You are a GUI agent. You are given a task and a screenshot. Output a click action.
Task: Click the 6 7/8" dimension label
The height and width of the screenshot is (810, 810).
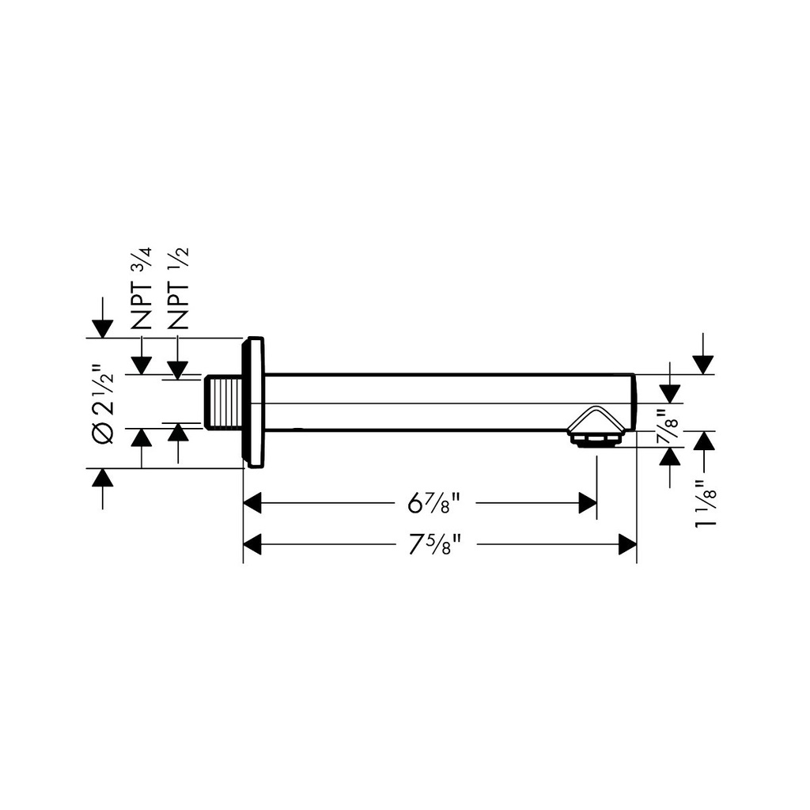[x=434, y=502]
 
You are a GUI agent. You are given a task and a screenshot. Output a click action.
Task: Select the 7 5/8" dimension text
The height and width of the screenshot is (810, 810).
[x=434, y=544]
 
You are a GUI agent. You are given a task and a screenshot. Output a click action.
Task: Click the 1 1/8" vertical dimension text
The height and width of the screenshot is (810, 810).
[x=706, y=504]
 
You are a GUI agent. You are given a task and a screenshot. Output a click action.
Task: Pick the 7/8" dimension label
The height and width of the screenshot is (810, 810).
[x=670, y=423]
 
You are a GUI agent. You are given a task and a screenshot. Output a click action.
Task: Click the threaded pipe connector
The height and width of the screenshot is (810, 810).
[x=223, y=403]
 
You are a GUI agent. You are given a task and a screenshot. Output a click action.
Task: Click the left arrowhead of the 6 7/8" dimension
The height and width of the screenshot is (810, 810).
[x=252, y=502]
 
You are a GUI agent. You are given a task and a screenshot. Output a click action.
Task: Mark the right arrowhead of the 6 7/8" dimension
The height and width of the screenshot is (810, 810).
[x=588, y=502]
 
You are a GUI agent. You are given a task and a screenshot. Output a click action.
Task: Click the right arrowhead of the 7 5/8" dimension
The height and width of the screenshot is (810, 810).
[x=627, y=544]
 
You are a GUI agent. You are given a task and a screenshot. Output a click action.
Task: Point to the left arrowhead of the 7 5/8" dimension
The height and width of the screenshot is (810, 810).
[x=252, y=544]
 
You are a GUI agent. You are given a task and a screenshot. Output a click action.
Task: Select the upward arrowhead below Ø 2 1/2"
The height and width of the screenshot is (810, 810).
[x=102, y=478]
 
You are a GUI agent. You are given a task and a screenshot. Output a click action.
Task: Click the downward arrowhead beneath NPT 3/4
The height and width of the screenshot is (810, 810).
[x=141, y=365]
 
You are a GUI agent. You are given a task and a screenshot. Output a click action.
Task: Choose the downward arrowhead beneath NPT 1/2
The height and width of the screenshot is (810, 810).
[x=178, y=370]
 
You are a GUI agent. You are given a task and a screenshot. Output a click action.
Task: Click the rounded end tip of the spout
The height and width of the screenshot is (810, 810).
[x=635, y=401]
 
